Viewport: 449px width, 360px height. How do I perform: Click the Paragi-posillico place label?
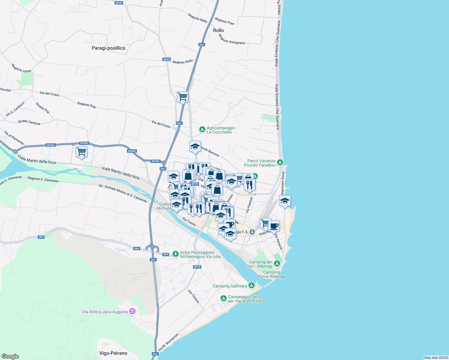click(x=108, y=48)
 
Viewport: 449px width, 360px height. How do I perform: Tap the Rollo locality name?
click(x=218, y=30)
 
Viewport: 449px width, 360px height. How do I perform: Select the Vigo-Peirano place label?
click(x=113, y=353)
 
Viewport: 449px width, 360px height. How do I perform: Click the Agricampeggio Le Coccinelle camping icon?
click(x=202, y=130)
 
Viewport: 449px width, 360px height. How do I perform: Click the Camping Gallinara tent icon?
click(x=252, y=285)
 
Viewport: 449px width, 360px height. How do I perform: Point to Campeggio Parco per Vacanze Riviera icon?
click(x=223, y=298)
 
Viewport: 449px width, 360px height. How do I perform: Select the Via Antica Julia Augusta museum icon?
click(x=132, y=311)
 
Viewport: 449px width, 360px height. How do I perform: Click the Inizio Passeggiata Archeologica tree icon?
click(x=176, y=254)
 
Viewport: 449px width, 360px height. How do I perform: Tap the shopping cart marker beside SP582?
click(x=81, y=151)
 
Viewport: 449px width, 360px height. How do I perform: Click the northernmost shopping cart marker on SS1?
click(x=182, y=97)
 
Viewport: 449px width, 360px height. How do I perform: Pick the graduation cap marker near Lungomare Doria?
click(x=285, y=201)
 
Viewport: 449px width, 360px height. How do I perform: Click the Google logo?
click(x=10, y=356)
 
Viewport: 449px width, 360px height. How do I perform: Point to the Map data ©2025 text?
click(x=436, y=358)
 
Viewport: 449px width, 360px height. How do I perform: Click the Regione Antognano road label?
click(x=232, y=39)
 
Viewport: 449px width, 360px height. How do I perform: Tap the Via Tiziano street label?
click(x=194, y=296)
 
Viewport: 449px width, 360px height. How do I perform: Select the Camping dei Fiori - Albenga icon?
click(x=277, y=264)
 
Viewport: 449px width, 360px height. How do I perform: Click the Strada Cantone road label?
click(x=29, y=122)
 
